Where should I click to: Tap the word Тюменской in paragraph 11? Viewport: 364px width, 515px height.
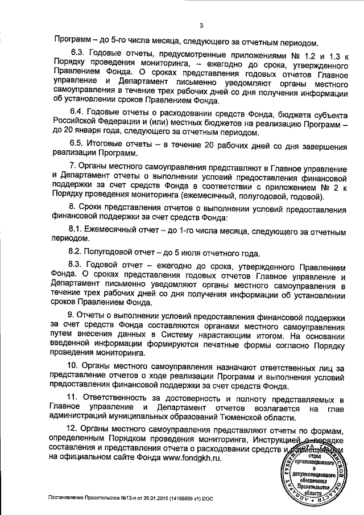pyautogui.click(x=246, y=417)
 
